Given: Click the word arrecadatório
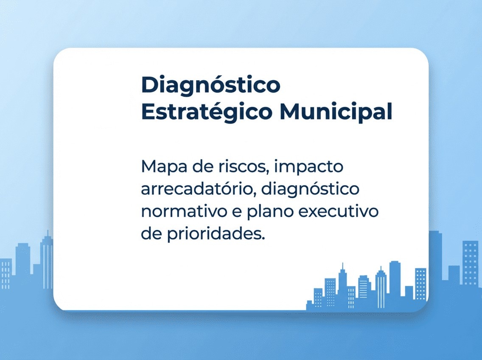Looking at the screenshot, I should click(x=198, y=189).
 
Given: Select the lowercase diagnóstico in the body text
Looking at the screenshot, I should click(x=310, y=190).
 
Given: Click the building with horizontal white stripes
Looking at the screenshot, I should click(x=364, y=287).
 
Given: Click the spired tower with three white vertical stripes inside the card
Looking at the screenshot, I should click(x=381, y=289).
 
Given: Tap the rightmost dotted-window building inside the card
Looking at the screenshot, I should click(x=420, y=284).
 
